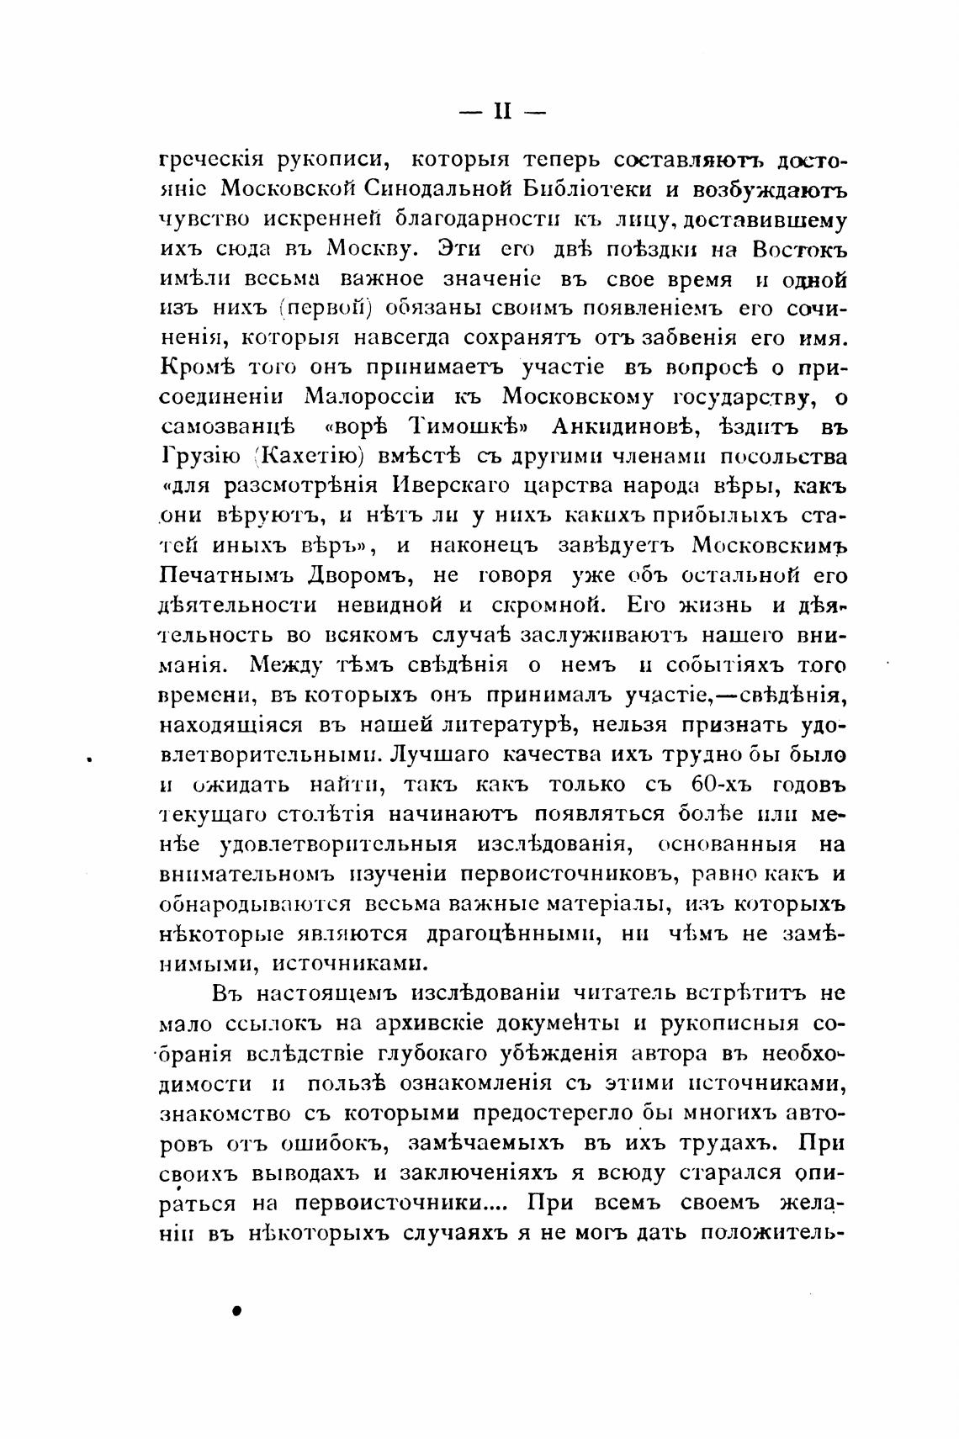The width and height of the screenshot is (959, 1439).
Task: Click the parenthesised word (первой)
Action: (326, 308)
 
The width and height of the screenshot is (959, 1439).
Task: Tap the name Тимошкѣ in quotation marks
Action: (455, 427)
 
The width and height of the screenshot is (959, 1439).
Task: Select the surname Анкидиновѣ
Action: (621, 427)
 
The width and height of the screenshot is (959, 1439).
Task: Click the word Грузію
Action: (199, 458)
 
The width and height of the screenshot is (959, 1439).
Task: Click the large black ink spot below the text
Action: (237, 1311)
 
